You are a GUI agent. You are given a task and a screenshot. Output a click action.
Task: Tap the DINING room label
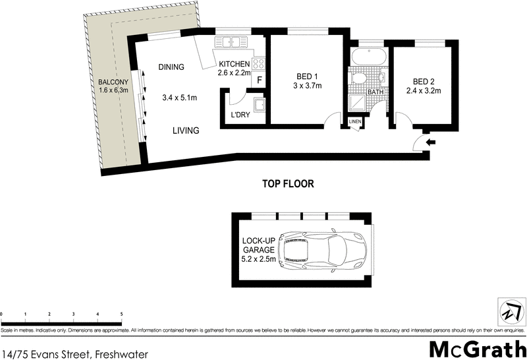pyautogui.click(x=171, y=67)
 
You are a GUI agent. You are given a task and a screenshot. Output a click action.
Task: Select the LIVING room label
pyautogui.click(x=186, y=131)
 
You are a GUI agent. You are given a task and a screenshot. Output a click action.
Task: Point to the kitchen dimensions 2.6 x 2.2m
pyautogui.click(x=235, y=73)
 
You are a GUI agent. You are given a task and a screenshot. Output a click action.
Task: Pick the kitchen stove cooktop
pyautogui.click(x=259, y=65)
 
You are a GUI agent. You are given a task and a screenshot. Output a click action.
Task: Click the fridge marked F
pyautogui.click(x=259, y=80)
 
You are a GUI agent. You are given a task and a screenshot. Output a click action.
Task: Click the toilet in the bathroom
pyautogui.click(x=358, y=79)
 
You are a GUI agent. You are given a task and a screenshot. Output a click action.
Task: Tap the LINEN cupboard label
pyautogui.click(x=355, y=122)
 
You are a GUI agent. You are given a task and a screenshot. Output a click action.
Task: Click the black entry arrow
pyautogui.click(x=431, y=141)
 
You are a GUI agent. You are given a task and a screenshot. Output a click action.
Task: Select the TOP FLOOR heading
pyautogui.click(x=288, y=184)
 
